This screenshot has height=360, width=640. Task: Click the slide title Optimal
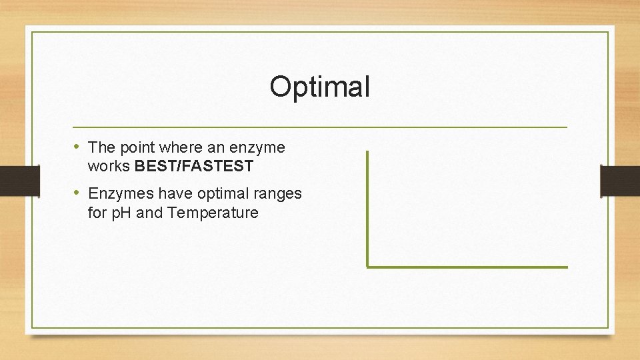319,87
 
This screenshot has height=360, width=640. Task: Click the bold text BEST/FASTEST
193,165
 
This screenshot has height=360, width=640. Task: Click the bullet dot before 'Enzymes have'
77,193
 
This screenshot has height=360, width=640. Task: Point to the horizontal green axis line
467,267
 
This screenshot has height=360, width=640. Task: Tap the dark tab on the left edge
11,181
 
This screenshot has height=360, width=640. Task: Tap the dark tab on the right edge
620,181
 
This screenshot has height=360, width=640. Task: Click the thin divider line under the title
320,127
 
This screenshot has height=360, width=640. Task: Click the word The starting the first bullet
102,147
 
